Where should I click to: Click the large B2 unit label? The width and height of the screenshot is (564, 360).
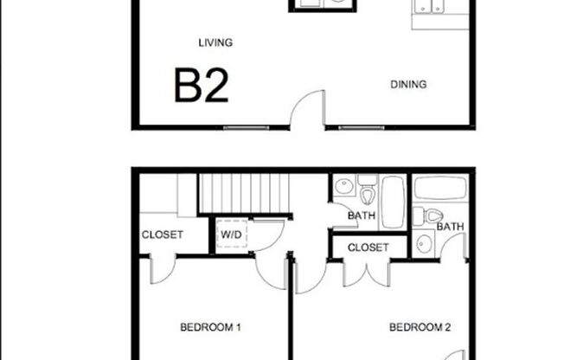[202, 86]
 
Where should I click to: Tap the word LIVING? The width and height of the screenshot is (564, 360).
[215, 42]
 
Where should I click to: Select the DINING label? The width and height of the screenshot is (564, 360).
[408, 84]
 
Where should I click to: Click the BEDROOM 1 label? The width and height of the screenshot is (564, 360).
[210, 327]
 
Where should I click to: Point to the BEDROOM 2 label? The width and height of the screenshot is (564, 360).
[420, 327]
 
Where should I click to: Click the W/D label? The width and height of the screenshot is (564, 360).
[232, 234]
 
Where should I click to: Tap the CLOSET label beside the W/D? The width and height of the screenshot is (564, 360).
[163, 235]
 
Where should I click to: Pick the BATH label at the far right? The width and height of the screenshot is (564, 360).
[449, 227]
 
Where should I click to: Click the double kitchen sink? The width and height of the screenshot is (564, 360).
[430, 7]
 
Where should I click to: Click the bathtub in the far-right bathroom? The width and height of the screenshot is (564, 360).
[440, 188]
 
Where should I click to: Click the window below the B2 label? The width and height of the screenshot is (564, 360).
[242, 128]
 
